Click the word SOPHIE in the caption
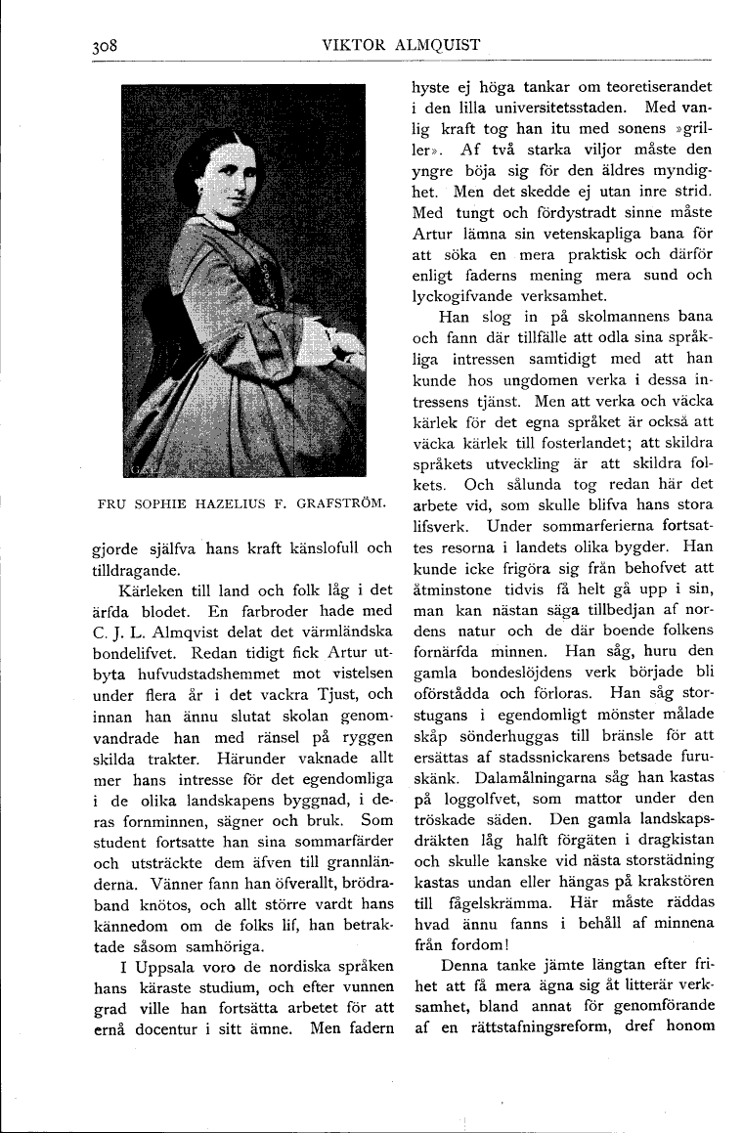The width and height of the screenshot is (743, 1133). pyautogui.click(x=167, y=505)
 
